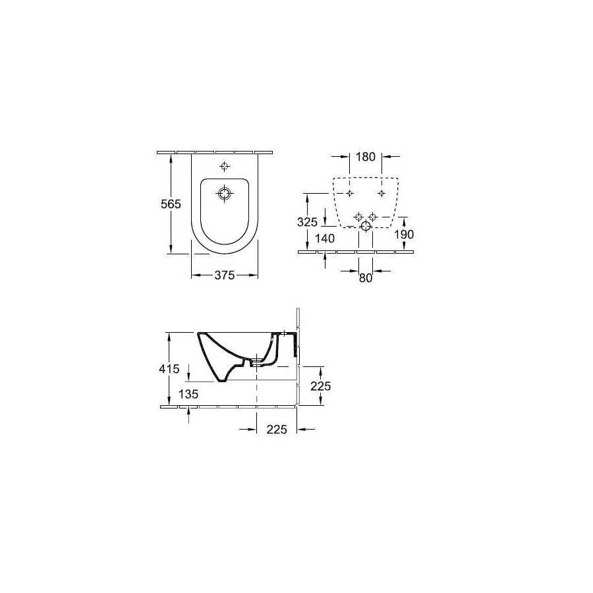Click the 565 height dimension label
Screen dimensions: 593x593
pyautogui.click(x=171, y=204)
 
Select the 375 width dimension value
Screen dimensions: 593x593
pyautogui.click(x=225, y=275)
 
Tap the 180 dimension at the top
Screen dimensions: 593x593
pyautogui.click(x=365, y=157)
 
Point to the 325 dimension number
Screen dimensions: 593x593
pyautogui.click(x=307, y=222)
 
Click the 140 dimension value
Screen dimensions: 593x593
pyautogui.click(x=325, y=239)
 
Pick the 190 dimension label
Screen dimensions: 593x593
pyautogui.click(x=405, y=235)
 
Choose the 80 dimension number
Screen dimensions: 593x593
pyautogui.click(x=366, y=278)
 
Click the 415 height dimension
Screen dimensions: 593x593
pyautogui.click(x=169, y=369)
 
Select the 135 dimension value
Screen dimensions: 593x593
pyautogui.click(x=188, y=395)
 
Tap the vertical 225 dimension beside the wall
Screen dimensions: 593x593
pyautogui.click(x=321, y=386)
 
